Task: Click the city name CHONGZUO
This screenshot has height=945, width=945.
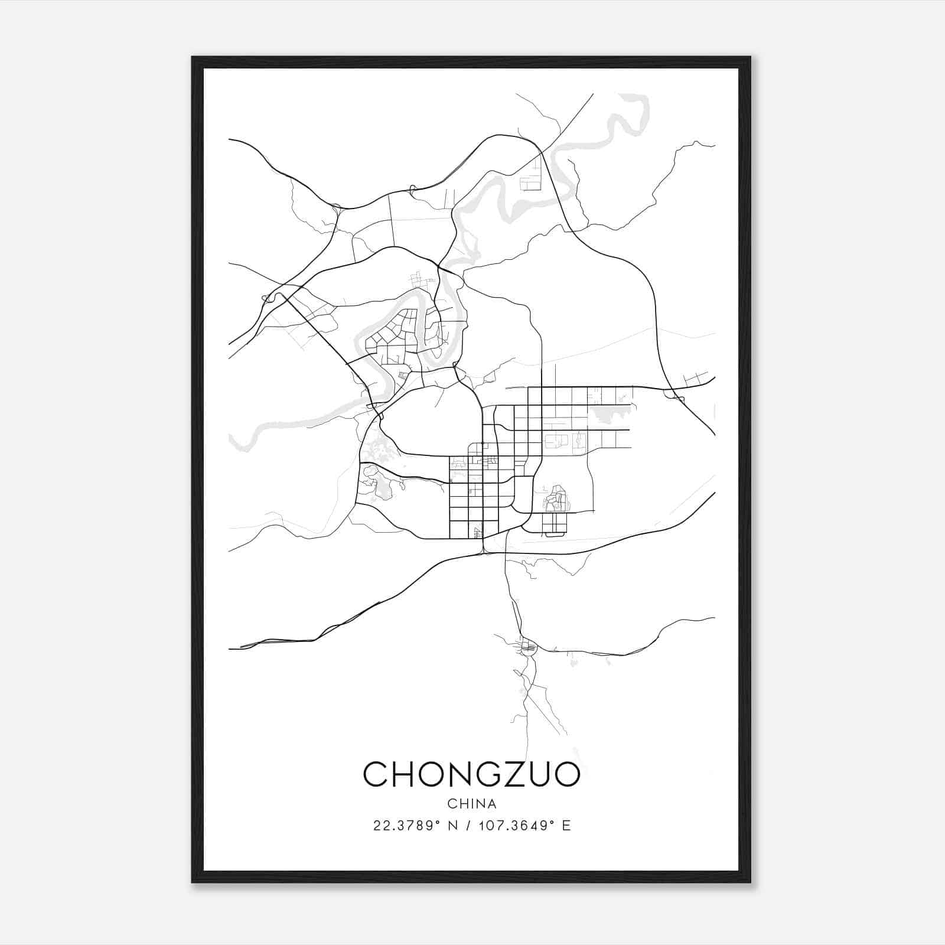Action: point(471,774)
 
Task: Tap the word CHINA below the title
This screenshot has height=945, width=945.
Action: point(472,804)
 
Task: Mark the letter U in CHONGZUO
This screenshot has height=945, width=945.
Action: point(536,774)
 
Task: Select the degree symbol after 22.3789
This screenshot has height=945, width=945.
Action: point(437,822)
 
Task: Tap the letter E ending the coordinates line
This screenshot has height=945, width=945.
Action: point(566,826)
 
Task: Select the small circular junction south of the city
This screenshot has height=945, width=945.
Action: point(527,648)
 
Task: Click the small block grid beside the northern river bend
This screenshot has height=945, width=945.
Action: point(530,177)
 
